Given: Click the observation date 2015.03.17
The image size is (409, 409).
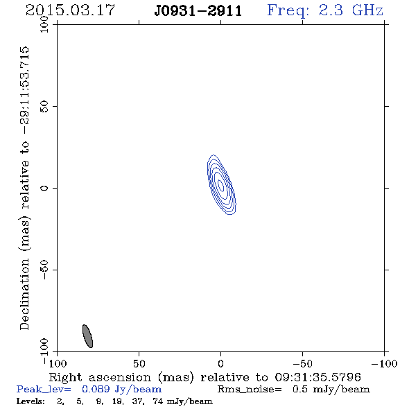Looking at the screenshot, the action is pos(70,10).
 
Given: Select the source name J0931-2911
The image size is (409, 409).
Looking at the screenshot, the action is pos(198,11).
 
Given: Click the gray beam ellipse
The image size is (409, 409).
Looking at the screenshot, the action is pos(87,336).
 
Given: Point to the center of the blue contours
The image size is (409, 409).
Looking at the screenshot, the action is pos(221,184).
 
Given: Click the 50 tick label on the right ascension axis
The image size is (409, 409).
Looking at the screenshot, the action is pos(139,363).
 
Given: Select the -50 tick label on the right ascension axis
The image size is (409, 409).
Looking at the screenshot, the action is pos(302,363).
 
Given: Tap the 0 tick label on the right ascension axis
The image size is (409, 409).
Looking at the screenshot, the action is pos(220,363).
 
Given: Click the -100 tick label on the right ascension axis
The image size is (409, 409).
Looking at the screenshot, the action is pos(384,363).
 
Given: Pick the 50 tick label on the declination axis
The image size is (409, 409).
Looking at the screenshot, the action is pos(44,106).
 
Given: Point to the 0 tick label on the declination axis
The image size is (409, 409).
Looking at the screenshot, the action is pos(44,188).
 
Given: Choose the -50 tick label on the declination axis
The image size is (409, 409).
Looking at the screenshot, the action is pos(44,270).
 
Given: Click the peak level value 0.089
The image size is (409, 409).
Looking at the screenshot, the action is pos(96,389).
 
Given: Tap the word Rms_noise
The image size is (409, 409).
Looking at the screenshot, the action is pos(250,390).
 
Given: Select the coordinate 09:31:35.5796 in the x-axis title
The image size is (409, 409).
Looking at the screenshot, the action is pos(317,377).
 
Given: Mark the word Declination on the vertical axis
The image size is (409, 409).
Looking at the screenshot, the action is pos(24,294).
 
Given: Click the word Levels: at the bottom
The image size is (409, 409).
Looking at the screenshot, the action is pos(31,401).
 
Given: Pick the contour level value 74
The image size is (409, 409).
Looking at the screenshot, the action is pos(158,401).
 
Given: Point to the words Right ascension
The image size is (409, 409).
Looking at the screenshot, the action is pos(100,377).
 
